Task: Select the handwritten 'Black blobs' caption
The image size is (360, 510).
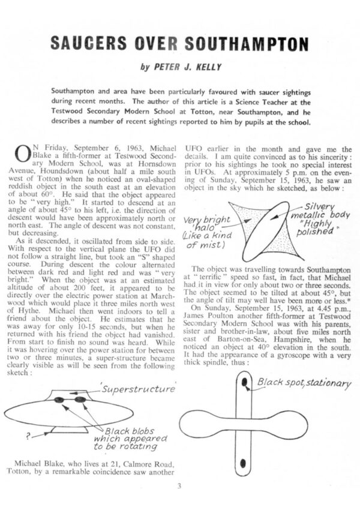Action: [x=127, y=431]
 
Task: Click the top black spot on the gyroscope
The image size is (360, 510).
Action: [x=245, y=383]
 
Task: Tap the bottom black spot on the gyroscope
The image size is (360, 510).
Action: [x=245, y=463]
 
